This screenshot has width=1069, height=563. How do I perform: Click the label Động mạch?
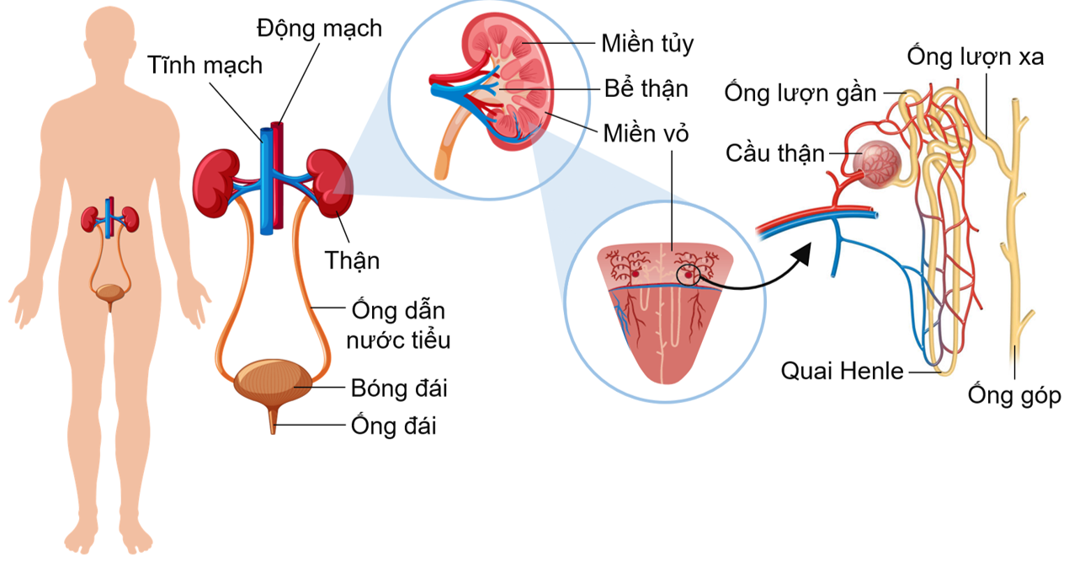click(319, 29)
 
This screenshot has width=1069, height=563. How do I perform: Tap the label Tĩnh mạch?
click(205, 65)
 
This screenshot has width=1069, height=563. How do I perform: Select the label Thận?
click(353, 260)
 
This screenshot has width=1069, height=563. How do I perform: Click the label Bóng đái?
click(399, 389)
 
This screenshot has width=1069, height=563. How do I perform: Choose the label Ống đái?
click(394, 426)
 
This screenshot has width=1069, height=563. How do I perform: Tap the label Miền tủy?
click(647, 43)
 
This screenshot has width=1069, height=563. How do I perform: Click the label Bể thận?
click(646, 88)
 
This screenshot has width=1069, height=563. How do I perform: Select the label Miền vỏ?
click(646, 132)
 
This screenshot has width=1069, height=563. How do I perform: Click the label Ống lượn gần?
click(800, 93)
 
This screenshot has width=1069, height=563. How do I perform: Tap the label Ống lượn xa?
click(975, 56)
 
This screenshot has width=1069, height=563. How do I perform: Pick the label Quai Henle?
click(842, 371)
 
